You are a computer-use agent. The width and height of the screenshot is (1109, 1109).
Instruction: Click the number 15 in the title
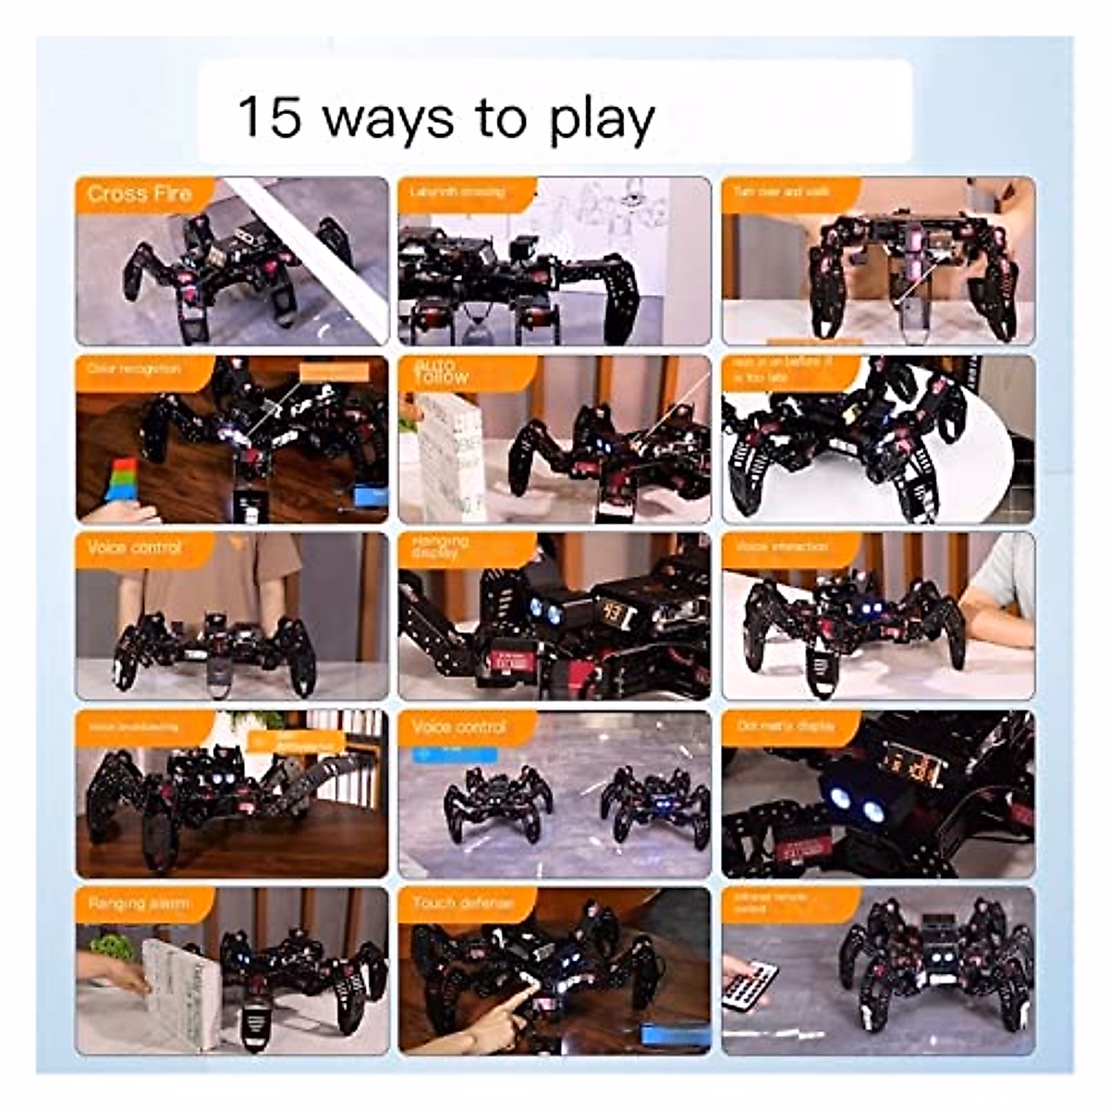270,117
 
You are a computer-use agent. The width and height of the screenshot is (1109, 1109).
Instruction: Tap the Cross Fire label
139,194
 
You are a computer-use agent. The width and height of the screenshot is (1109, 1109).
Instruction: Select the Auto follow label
442,372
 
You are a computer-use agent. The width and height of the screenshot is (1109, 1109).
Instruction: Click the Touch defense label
461,903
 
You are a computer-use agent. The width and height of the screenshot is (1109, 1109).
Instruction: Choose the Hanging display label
442,546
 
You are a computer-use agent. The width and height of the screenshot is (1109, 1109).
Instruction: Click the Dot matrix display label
786,725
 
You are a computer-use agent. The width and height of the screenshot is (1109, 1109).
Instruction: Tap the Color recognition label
133,369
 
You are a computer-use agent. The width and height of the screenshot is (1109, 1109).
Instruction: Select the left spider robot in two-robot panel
498,802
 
